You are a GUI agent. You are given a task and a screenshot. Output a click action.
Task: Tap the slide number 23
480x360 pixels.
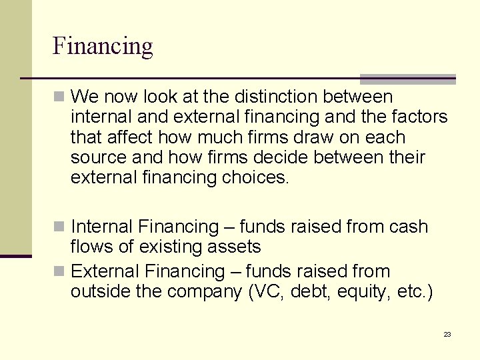[x=447, y=334]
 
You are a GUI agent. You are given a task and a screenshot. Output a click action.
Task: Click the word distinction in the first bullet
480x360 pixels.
[x=273, y=97]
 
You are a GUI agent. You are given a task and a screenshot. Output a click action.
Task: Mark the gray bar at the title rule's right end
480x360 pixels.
[x=407, y=79]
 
